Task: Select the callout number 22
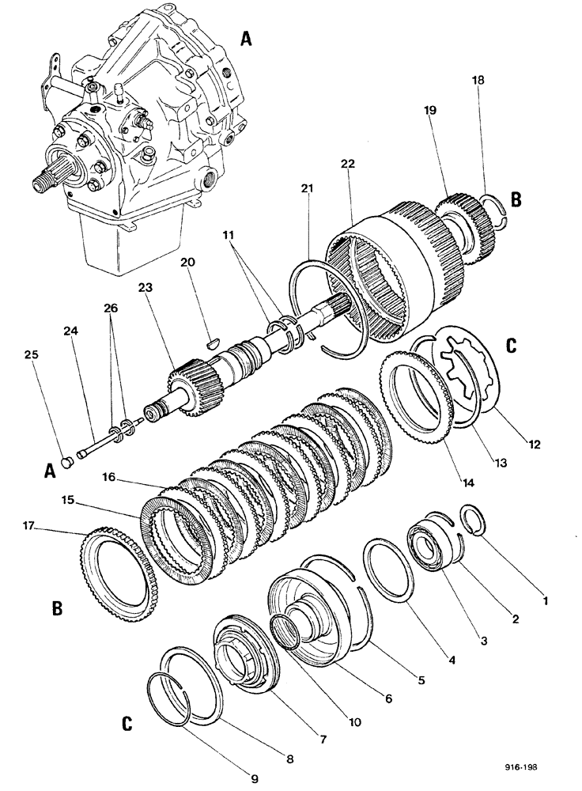tap(348, 163)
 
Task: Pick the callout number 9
tap(255, 779)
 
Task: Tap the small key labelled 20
tap(208, 342)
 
